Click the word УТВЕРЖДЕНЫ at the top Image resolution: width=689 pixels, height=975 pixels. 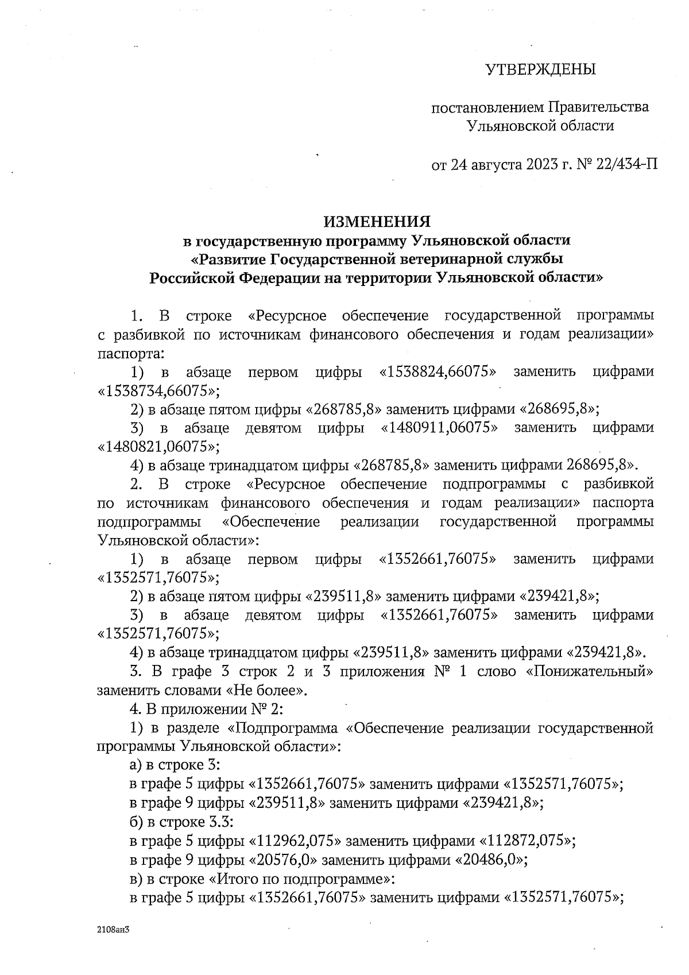(x=540, y=70)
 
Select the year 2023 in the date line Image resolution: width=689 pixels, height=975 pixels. (x=540, y=165)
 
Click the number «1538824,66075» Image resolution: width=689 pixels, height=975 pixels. (x=438, y=372)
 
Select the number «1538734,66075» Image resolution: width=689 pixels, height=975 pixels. (x=159, y=391)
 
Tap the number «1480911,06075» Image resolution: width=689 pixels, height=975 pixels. (x=439, y=428)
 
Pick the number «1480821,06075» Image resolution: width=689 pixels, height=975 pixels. (x=159, y=447)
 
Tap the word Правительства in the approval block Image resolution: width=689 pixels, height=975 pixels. (x=598, y=107)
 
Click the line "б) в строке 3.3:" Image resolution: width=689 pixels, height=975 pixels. (x=181, y=823)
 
